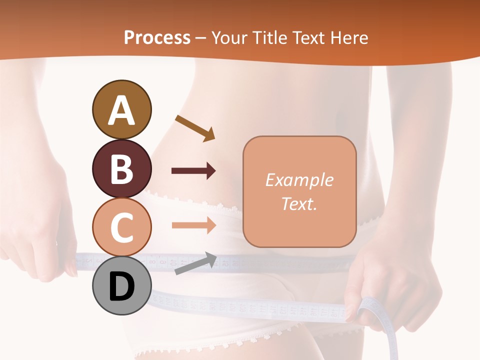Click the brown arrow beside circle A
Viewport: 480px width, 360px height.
tap(195, 127)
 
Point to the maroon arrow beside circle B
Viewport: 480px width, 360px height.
tap(193, 171)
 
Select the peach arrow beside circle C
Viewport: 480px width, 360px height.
tap(193, 225)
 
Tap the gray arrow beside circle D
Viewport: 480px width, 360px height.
tap(195, 264)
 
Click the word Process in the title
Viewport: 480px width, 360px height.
tap(157, 38)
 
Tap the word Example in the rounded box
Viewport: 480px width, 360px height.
tap(299, 180)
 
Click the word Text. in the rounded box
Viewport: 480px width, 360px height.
tap(299, 203)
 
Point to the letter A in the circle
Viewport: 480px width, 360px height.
tap(121, 110)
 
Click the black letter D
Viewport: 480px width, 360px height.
tap(121, 287)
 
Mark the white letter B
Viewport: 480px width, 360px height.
tap(121, 169)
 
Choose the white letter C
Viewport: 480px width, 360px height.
tap(121, 227)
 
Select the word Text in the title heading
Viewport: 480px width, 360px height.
tap(307, 38)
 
